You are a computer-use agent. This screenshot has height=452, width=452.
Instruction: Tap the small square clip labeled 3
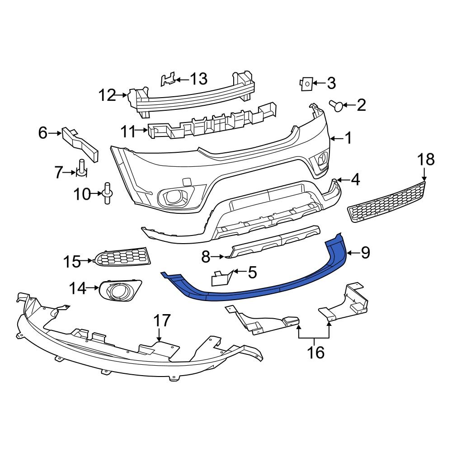click(x=306, y=84)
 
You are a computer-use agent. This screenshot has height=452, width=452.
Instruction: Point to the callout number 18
click(x=425, y=159)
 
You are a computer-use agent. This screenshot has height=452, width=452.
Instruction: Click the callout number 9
click(x=365, y=253)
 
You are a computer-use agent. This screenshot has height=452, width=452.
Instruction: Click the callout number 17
click(x=161, y=321)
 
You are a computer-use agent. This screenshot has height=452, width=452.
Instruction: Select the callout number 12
click(x=108, y=95)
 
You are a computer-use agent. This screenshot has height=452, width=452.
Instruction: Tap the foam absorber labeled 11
click(x=212, y=123)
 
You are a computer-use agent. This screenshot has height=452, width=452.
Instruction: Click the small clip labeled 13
click(x=168, y=80)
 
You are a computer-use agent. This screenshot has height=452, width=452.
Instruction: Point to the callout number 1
click(x=348, y=138)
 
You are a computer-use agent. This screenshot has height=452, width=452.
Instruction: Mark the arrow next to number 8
click(x=217, y=257)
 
